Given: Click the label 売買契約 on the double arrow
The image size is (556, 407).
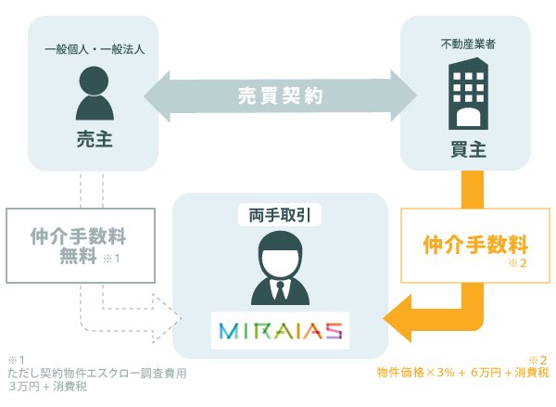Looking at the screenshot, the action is coord(280,95).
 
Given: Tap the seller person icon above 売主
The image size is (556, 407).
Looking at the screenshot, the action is coord(95,93).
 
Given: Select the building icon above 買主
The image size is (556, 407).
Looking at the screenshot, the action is coord(468,94).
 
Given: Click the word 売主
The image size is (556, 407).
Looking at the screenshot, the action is coord(95,139).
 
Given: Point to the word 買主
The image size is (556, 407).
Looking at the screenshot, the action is coord(468,149).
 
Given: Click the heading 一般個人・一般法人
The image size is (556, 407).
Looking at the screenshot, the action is coord(95,49).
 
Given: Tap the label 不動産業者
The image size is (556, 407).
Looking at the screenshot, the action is coord(468,44).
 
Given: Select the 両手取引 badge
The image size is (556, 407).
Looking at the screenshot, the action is coord(280,215).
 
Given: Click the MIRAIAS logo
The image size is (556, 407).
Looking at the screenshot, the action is coord(280,330).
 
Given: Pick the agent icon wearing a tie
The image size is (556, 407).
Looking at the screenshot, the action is coord(280,268).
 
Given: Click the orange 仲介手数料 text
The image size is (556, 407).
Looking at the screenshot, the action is coord(475,245).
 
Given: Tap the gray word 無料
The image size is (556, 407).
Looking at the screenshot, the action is coord(78,256).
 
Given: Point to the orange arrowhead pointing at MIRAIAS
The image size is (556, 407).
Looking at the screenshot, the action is coord(398,318).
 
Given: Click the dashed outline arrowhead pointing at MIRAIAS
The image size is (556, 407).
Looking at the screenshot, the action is coord(168,318).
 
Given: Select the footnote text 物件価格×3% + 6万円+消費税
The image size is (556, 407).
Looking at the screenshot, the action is coord(462,373).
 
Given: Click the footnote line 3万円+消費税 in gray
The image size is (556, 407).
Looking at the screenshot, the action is coord(48,387).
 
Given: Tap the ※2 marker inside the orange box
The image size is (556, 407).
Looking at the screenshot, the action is coord(518,263).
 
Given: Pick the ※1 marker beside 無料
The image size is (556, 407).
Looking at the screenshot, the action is coord(111,259).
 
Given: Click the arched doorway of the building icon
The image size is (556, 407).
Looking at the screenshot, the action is coord(468,118).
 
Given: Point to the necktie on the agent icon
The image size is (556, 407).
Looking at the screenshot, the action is coord(280,291).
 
